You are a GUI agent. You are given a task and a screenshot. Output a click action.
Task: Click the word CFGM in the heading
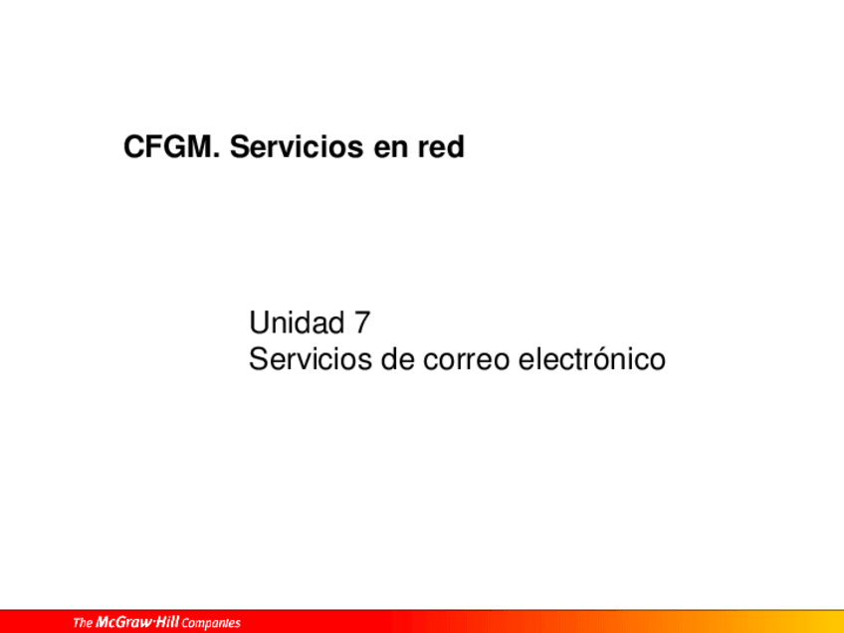pyautogui.click(x=168, y=147)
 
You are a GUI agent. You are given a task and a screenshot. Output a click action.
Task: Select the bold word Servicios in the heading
pyautogui.click(x=297, y=147)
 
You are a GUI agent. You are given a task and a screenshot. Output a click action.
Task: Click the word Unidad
pyautogui.click(x=297, y=322)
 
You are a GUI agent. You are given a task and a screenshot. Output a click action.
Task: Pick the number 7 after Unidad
pyautogui.click(x=362, y=322)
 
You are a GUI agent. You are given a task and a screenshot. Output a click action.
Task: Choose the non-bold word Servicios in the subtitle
pyautogui.click(x=311, y=359)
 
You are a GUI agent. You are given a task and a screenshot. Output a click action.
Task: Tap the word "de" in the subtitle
pyautogui.click(x=398, y=359)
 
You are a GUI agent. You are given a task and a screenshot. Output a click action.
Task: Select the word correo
pyautogui.click(x=466, y=362)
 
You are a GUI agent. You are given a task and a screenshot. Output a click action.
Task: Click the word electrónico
pyautogui.click(x=592, y=359)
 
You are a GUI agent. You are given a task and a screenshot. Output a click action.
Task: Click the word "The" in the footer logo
pyautogui.click(x=83, y=623)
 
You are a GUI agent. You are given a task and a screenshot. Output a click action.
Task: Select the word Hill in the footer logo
pyautogui.click(x=168, y=622)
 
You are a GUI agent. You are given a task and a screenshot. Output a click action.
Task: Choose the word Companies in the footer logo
pyautogui.click(x=211, y=624)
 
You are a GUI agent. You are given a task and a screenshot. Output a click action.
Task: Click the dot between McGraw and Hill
pyautogui.click(x=155, y=623)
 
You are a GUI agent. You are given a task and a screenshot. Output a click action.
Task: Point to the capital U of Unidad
pyautogui.click(x=259, y=322)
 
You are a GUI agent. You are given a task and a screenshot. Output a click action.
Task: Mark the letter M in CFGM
pyautogui.click(x=200, y=147)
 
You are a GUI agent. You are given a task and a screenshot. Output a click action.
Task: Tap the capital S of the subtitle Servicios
pyautogui.click(x=259, y=359)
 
